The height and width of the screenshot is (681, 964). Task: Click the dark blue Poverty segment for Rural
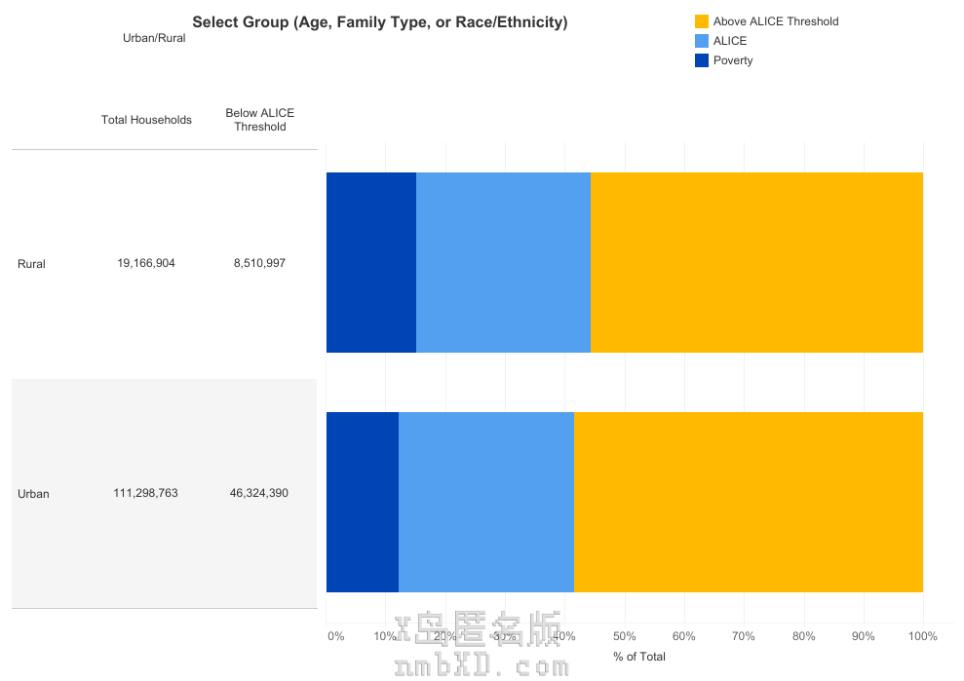click(x=371, y=262)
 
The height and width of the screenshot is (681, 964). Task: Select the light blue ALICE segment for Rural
click(x=503, y=262)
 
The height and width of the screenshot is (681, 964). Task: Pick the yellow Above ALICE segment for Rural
click(x=756, y=262)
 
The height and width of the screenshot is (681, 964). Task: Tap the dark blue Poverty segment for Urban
click(x=363, y=502)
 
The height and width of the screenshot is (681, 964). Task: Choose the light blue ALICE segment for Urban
click(x=486, y=502)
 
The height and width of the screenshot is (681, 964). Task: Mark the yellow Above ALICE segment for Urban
click(x=748, y=502)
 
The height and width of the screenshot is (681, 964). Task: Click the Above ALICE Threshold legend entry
click(x=775, y=21)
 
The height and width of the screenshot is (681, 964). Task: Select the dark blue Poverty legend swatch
click(x=702, y=60)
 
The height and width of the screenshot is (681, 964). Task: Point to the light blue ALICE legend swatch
click(x=702, y=41)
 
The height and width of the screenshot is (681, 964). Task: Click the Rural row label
click(x=31, y=264)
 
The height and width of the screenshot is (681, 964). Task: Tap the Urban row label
click(x=33, y=494)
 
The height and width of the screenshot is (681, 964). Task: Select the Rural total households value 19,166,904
click(x=146, y=263)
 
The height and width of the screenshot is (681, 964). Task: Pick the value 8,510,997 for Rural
click(x=259, y=263)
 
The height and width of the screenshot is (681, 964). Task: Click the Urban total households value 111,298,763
click(x=146, y=493)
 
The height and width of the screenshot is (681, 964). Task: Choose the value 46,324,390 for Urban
click(x=259, y=493)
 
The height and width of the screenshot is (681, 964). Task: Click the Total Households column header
click(x=146, y=120)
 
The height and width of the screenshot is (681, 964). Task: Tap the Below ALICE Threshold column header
click(x=259, y=120)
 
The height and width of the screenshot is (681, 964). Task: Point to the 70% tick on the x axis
click(x=744, y=636)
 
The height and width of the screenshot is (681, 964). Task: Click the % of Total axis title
click(x=639, y=657)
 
